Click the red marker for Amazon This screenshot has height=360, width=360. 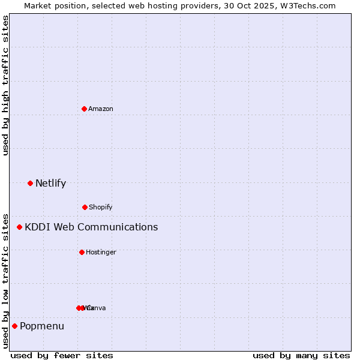tap(84, 109)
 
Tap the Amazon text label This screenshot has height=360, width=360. tap(101, 109)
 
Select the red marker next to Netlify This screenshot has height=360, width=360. tap(30, 183)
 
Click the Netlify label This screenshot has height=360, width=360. tap(50, 183)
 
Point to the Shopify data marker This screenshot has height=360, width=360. tap(85, 207)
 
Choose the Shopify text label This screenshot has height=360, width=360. tap(101, 207)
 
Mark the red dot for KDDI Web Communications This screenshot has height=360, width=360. tap(19, 227)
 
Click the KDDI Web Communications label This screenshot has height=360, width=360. tap(91, 227)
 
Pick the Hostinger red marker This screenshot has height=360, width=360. tap(82, 252)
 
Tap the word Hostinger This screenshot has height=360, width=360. tap(101, 252)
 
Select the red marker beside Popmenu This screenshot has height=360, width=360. tap(14, 326)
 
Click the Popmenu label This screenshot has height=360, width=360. tap(42, 326)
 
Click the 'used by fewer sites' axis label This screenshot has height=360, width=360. tap(62, 355)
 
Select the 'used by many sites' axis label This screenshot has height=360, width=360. tap(301, 355)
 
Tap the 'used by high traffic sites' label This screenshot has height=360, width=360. tap(5, 85)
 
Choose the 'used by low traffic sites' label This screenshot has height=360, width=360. tap(5, 280)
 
